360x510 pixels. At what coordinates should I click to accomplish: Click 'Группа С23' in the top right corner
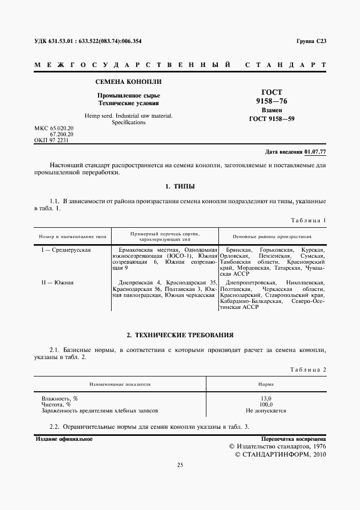click(311, 41)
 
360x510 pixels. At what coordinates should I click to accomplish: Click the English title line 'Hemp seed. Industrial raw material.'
click(129, 116)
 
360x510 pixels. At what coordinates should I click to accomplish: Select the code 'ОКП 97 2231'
click(52, 139)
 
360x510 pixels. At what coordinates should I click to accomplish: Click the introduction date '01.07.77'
click(315, 151)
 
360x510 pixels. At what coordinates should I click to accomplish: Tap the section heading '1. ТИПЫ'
click(180, 186)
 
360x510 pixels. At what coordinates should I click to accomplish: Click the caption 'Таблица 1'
click(308, 220)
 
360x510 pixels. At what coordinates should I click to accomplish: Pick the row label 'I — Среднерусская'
click(66, 249)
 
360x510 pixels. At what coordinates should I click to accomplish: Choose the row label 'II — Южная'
click(58, 282)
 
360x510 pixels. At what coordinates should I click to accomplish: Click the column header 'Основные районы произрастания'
click(272, 237)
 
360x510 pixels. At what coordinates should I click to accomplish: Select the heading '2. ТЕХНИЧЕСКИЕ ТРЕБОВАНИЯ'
click(180, 334)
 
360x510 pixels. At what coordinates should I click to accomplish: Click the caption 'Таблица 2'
click(308, 369)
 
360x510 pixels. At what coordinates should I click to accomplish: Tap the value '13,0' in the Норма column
click(266, 398)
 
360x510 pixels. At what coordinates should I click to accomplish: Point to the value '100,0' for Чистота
click(266, 404)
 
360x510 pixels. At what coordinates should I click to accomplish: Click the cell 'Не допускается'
click(266, 410)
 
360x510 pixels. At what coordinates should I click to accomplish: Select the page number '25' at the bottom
click(180, 465)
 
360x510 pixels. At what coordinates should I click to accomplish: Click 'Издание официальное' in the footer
click(64, 438)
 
